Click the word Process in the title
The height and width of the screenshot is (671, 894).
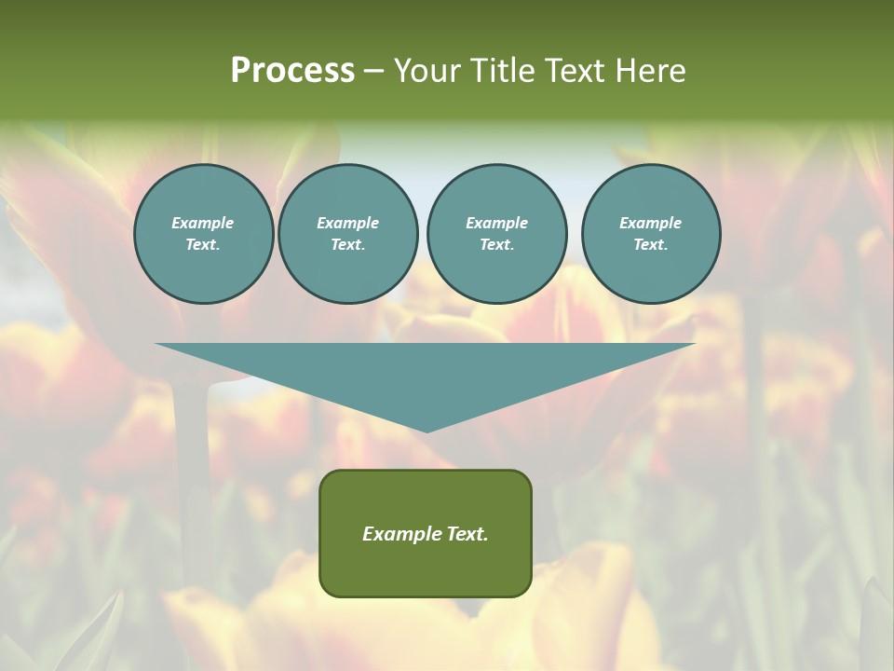(292, 71)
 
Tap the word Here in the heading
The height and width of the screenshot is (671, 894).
(649, 71)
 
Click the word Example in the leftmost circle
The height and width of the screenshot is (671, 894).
(203, 223)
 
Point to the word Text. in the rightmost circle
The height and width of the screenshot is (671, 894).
(651, 245)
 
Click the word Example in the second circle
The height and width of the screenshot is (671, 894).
(348, 223)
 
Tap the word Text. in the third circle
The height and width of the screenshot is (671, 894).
(496, 245)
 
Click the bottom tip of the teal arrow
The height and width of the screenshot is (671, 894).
(427, 431)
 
